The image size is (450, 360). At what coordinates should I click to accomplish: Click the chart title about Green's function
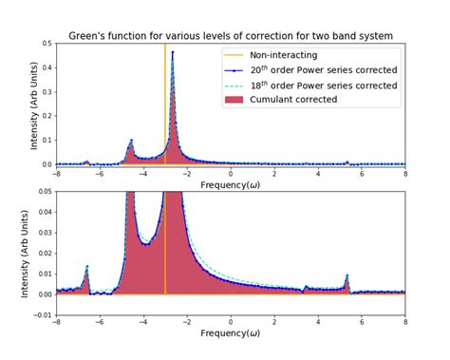231,36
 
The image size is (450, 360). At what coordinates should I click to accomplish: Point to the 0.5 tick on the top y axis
47,44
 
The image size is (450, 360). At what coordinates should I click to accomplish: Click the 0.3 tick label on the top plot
47,92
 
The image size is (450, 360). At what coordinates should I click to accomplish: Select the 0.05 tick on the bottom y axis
45,192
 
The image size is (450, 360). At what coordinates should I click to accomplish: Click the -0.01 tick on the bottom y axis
42,315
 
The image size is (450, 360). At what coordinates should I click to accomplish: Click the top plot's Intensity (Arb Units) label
34,104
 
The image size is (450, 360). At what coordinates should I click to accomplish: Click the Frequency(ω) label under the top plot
231,183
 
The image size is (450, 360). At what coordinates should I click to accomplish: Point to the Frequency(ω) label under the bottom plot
231,333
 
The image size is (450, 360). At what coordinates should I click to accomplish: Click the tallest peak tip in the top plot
172,52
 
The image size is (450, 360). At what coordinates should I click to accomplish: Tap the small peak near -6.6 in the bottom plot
86,267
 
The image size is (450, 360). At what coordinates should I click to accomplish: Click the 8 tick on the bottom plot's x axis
405,322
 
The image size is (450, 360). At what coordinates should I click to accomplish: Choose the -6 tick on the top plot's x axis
100,173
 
